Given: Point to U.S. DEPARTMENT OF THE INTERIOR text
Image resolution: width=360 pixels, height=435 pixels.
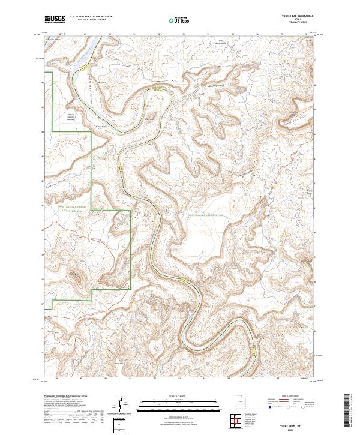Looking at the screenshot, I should [89, 17].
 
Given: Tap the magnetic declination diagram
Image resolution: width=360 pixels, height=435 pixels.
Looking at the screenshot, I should [123, 405].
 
